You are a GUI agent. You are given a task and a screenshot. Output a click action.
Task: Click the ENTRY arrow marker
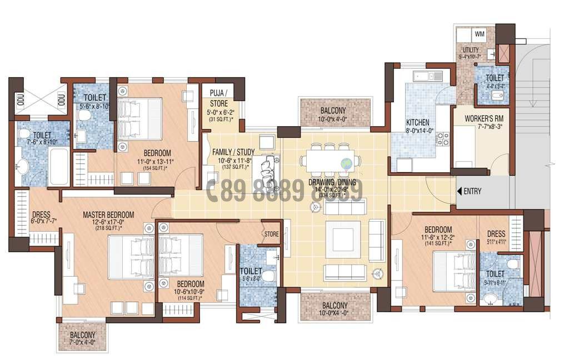(x=459, y=191)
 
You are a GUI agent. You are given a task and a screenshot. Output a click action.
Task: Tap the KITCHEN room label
(x=417, y=122)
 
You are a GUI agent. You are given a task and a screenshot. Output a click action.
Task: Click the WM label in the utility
(x=480, y=34)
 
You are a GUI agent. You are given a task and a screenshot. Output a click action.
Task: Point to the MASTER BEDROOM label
(x=108, y=215)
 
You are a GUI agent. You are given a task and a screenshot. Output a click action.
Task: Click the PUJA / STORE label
(x=218, y=98)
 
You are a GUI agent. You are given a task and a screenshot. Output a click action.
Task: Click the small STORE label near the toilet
(x=272, y=234)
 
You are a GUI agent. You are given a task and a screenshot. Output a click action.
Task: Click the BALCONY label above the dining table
(x=333, y=111)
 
